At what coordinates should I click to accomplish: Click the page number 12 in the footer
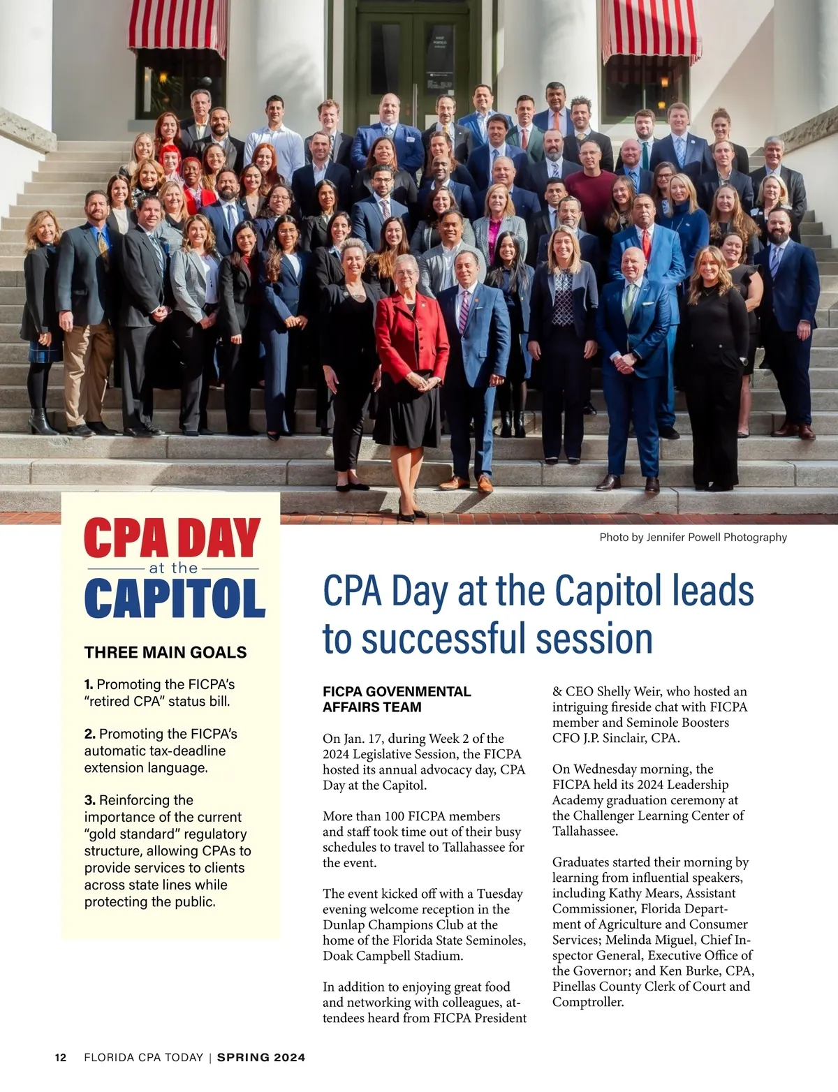[61, 1058]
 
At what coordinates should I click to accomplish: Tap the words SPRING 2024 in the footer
[261, 1058]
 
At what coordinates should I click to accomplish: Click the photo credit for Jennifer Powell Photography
[693, 537]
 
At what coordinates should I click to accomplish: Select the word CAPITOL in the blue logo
[175, 598]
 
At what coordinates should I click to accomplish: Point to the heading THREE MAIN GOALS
[166, 652]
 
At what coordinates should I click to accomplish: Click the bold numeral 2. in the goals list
[90, 734]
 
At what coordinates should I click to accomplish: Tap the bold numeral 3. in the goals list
[90, 800]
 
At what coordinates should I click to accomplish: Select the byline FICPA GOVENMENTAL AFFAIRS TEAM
[397, 699]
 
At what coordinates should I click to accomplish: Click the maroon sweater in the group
[589, 193]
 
